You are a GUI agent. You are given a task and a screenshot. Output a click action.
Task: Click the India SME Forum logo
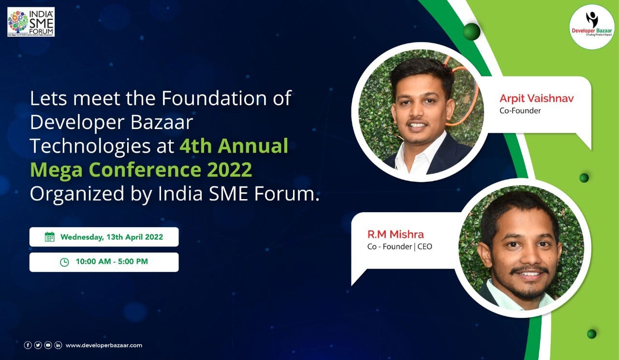[x=31, y=22]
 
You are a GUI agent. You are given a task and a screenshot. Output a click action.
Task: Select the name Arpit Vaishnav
[x=537, y=99]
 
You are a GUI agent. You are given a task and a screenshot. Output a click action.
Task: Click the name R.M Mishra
[x=396, y=235]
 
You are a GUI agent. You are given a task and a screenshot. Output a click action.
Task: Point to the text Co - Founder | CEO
[x=399, y=247]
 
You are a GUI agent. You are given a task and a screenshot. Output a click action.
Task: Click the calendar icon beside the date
[x=49, y=237]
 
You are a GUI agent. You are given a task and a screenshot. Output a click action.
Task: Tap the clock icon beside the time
[x=64, y=262]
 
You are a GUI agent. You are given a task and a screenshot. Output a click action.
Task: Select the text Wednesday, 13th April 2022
[x=111, y=237]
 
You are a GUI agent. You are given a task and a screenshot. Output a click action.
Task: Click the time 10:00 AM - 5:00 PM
[x=112, y=262]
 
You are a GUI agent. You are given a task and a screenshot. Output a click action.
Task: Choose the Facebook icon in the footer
[x=28, y=345]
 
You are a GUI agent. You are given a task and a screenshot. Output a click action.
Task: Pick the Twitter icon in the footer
[x=38, y=345]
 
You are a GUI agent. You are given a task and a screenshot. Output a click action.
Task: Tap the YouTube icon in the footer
[x=48, y=345]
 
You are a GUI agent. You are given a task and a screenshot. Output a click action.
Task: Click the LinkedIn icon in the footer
[x=58, y=345]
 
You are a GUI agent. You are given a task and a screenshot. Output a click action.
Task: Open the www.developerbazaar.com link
[x=104, y=345]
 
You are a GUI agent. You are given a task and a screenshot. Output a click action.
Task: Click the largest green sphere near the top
[x=472, y=32]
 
